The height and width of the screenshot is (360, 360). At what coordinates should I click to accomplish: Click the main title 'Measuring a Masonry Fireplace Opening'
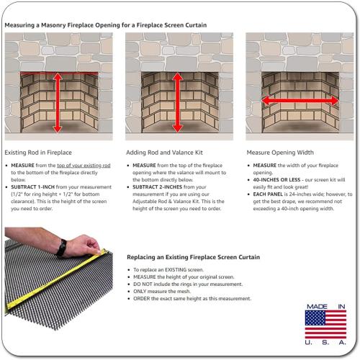105,25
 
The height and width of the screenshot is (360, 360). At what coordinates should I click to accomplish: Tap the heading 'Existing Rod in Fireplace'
38,153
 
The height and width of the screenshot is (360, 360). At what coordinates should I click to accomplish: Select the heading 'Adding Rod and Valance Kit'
163,153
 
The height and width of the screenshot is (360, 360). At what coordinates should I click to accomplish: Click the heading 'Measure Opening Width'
280,153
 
